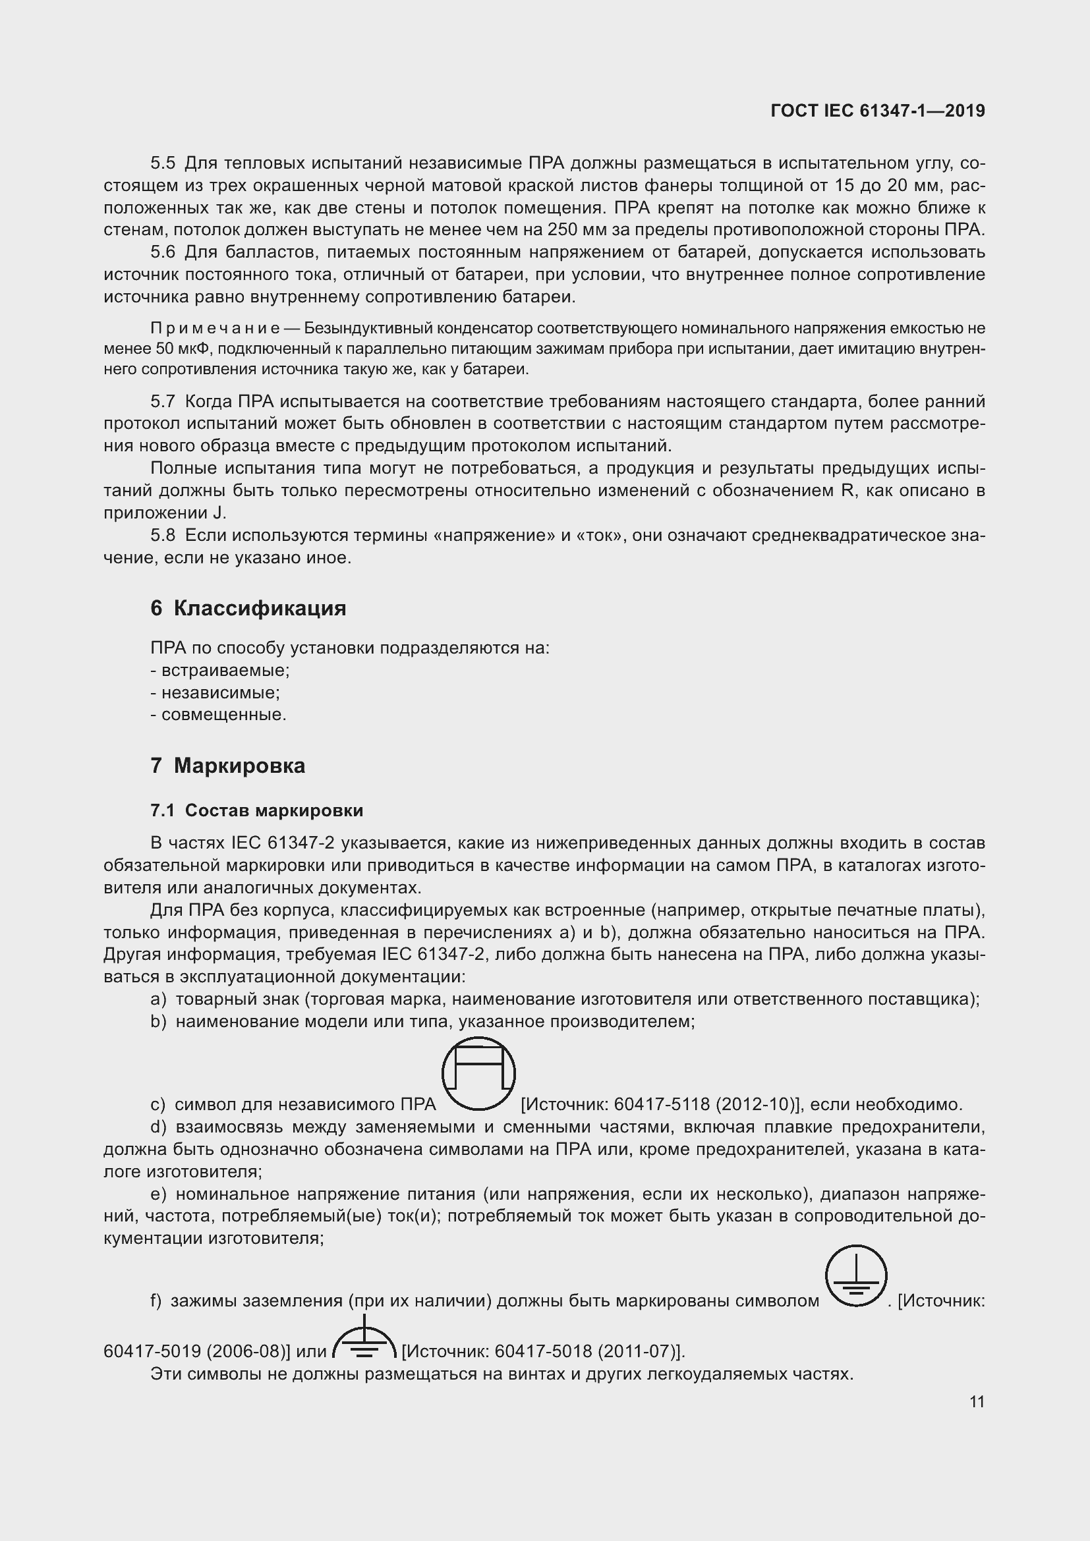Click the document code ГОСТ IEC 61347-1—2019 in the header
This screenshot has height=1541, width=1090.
coord(878,111)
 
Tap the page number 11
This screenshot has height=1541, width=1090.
coord(977,1401)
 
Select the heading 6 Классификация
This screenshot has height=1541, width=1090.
coord(248,608)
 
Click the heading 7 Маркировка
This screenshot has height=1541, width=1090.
coord(227,766)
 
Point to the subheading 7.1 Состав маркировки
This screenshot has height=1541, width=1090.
coord(256,810)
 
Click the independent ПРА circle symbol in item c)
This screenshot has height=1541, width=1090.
coord(478,1073)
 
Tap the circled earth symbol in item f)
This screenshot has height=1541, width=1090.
coord(856,1276)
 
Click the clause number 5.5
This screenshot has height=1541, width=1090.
coord(162,163)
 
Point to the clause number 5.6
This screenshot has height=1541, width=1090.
coord(162,252)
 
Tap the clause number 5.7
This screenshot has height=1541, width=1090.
coord(162,401)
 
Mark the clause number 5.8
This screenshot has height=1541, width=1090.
coord(162,536)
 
